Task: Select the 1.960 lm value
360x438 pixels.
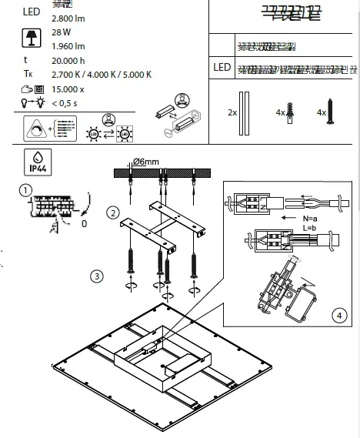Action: pos(68,45)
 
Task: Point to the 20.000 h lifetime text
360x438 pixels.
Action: pos(68,60)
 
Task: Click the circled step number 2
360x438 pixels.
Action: pos(113,212)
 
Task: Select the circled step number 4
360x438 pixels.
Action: pos(339,314)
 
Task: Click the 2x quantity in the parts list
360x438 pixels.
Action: pos(232,112)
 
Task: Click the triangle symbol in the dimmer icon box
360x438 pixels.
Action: pos(35,128)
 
